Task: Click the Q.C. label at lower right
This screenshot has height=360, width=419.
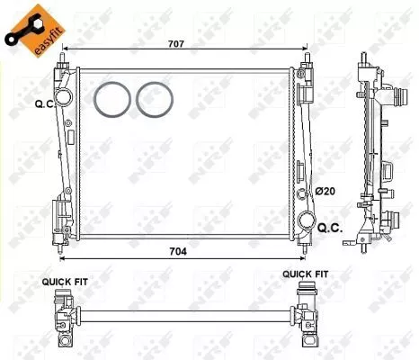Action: pos(330,229)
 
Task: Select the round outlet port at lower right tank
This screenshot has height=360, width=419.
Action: pos(307,220)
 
